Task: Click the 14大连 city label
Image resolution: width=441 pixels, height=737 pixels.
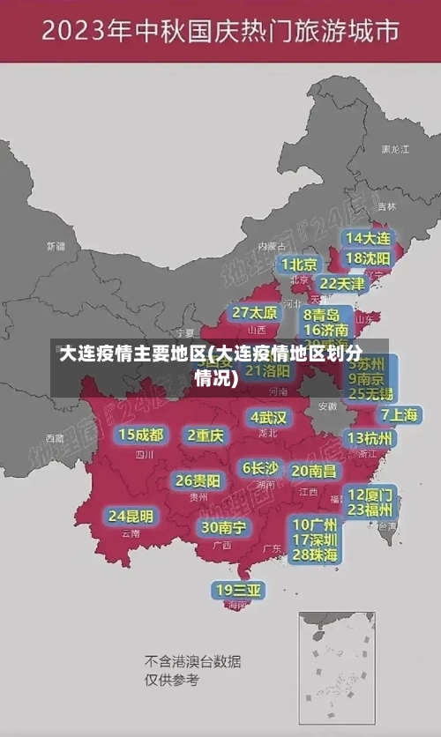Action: coord(368,238)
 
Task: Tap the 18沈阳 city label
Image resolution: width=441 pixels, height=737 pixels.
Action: coord(368,257)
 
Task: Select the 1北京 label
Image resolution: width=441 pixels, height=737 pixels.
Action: coord(299,264)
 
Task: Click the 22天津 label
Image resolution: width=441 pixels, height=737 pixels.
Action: coord(341,284)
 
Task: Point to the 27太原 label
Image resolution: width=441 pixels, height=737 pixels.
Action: coord(255,312)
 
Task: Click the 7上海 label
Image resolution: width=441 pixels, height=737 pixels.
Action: coord(399,414)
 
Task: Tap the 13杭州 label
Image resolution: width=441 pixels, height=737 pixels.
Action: coord(370,437)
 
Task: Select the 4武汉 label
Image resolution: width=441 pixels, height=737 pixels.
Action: coord(268,417)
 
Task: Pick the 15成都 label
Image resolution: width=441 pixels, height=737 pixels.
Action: coord(140,435)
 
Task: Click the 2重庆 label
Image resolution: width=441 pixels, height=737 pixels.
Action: coord(206,435)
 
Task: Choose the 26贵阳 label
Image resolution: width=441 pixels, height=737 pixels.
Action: coord(198,480)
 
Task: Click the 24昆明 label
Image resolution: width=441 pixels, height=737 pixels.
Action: coord(131,515)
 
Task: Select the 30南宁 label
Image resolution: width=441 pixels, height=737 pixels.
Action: coord(223,527)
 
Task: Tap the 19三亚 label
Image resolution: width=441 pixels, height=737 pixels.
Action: coord(238,589)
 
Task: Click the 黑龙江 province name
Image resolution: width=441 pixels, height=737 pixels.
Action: coord(394,150)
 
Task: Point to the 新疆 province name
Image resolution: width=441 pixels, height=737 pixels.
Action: coord(56,246)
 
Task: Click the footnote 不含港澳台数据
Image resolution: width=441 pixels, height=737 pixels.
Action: coord(192,661)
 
